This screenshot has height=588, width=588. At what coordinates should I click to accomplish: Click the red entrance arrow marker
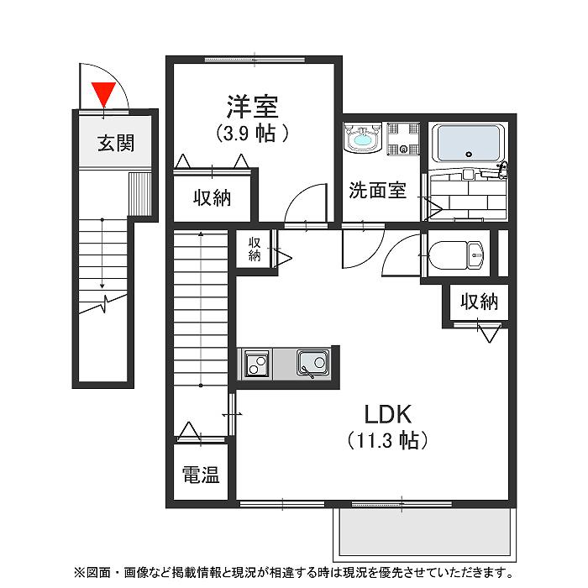pos(103,92)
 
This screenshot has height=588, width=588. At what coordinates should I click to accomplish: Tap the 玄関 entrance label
pos(115,143)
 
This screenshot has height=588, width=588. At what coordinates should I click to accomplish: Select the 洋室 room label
pos(252,108)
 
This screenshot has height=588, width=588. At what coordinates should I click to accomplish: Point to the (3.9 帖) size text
pos(253,133)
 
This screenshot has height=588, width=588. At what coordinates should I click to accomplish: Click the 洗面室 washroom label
pos(378,191)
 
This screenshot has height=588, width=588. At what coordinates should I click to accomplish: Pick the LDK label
pos(386,413)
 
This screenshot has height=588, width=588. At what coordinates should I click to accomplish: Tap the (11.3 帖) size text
pos(386,439)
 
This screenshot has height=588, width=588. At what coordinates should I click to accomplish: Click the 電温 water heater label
pos(201,475)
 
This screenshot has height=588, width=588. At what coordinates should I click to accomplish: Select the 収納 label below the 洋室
pos(213,198)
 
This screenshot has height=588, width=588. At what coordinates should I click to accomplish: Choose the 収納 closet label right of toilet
pos(479,301)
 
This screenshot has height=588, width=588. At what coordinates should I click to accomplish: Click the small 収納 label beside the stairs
pos(254,249)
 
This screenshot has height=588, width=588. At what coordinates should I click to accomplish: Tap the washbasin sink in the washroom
pos(363,139)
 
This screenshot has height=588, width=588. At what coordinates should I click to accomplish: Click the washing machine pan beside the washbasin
pos(402,139)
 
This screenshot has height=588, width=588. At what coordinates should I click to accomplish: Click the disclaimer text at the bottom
pos(294,573)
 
